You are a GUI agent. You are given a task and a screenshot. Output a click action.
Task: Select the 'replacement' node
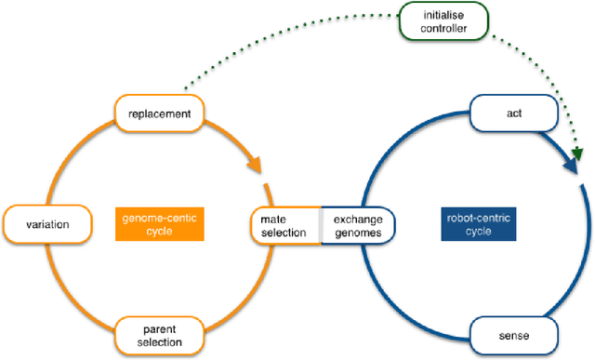[x=160, y=114]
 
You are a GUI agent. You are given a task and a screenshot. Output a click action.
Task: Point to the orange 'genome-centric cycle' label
[x=160, y=223]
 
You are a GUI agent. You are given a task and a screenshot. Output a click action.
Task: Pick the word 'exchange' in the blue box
[x=358, y=217]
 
